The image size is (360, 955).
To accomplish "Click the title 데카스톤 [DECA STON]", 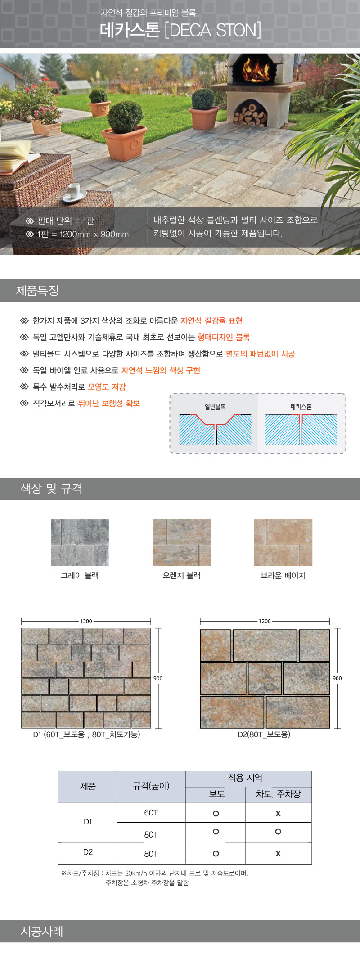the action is tap(180, 30).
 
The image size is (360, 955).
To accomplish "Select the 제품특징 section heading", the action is tap(38, 290).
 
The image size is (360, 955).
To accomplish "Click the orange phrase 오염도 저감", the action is tap(107, 387).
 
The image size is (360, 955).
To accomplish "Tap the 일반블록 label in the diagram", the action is tap(215, 407).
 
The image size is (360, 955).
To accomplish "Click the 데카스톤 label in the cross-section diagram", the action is tap(301, 407).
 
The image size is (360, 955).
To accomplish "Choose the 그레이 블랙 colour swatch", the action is tap(80, 542).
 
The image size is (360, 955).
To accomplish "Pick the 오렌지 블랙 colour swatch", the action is tap(181, 542).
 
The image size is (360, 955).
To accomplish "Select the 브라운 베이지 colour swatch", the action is tap(283, 542).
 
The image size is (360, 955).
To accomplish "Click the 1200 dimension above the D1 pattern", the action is tap(86, 621).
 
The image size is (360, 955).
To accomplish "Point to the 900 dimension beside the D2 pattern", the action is tap(337, 678).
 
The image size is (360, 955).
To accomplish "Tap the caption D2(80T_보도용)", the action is tap(264, 734).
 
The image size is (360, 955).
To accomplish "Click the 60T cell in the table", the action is tap(151, 812).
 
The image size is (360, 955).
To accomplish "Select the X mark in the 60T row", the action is tap(278, 813).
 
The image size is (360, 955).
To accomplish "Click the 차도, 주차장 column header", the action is tap(278, 794).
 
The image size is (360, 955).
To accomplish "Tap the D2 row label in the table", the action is tap(88, 852).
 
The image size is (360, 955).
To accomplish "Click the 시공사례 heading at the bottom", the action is tap(42, 931).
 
